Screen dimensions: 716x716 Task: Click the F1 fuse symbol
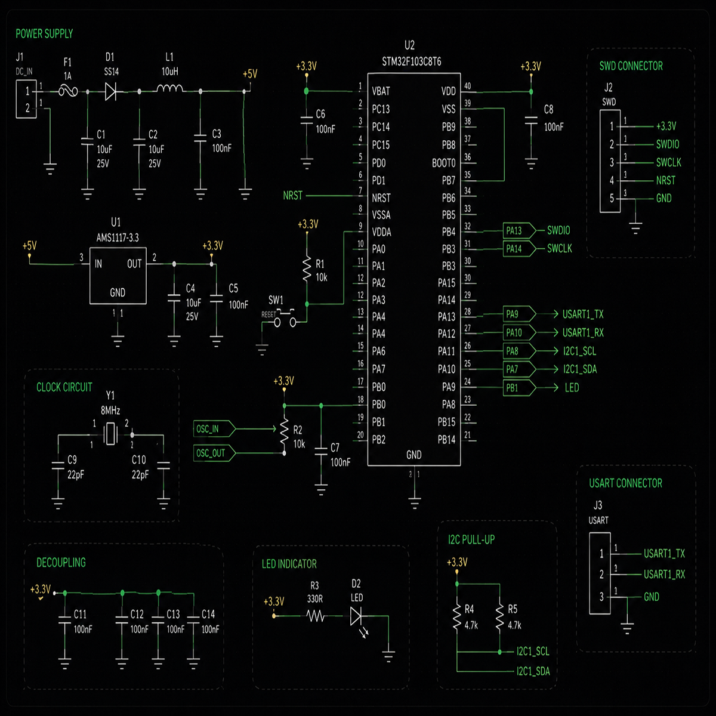(x=69, y=91)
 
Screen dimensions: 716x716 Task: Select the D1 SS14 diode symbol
(x=111, y=91)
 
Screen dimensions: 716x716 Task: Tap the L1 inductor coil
(x=169, y=88)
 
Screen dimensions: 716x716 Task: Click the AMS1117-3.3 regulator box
(x=118, y=275)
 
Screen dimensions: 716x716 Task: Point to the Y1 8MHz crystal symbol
(x=111, y=434)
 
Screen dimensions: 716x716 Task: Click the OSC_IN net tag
(x=214, y=429)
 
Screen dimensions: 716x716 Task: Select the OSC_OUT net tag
(x=214, y=453)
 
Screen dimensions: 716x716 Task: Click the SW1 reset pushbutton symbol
(x=285, y=318)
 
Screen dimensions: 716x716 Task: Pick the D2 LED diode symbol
(x=357, y=617)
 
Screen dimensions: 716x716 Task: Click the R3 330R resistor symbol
(x=316, y=616)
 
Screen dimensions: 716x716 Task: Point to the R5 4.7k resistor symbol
(x=500, y=618)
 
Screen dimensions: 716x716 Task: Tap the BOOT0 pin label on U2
(x=444, y=163)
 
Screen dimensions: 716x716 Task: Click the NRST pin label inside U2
(x=381, y=198)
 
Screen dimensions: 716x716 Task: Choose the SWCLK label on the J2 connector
(x=668, y=162)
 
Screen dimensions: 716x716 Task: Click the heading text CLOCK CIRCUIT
(x=64, y=387)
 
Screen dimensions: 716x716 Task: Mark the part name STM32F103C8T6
(x=412, y=61)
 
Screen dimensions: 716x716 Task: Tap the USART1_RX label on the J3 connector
(x=664, y=575)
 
